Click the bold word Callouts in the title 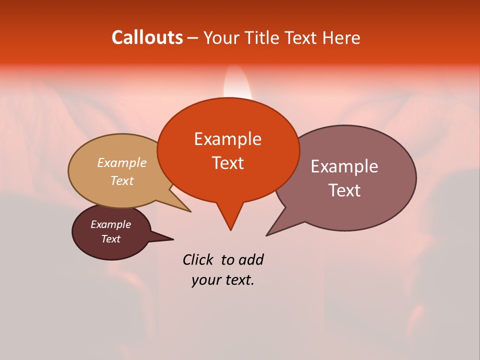click(x=147, y=37)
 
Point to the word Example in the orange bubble click(x=228, y=138)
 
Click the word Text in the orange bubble click(x=228, y=163)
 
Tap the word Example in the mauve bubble click(x=344, y=166)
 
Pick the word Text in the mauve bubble click(x=344, y=190)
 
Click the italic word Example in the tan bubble click(x=122, y=163)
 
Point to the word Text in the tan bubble click(x=122, y=180)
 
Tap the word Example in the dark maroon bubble click(x=110, y=224)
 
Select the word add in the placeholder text click(x=251, y=259)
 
